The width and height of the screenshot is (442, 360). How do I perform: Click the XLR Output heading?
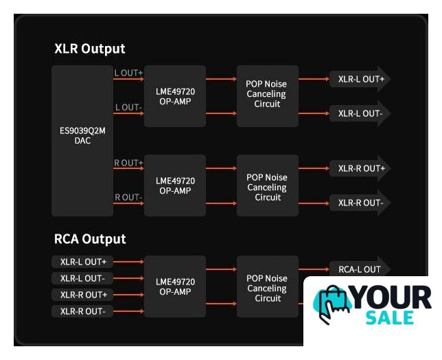point(90,49)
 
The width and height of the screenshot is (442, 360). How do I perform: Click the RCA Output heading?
point(90,239)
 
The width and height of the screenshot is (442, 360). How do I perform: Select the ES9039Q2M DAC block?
point(82,135)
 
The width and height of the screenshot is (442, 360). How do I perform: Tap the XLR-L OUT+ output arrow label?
point(360,79)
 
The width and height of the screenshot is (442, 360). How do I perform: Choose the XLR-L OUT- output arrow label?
point(360,113)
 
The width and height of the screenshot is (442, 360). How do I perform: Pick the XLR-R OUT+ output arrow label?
point(360,168)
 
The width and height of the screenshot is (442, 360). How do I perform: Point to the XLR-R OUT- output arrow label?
point(360,203)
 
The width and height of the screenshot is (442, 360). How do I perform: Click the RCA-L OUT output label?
point(359,269)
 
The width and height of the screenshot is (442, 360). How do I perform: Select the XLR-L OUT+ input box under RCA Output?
point(83,262)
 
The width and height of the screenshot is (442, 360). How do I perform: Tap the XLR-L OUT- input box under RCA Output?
point(82,278)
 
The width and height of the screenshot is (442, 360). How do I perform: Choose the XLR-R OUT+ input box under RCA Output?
point(83,295)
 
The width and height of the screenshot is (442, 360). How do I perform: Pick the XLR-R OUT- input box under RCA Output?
point(82,311)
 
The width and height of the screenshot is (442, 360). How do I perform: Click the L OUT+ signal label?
point(129,71)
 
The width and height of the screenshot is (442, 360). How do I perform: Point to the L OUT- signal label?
point(128,107)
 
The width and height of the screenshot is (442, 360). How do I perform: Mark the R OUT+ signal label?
point(129,163)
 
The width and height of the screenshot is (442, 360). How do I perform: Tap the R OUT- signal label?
point(128,197)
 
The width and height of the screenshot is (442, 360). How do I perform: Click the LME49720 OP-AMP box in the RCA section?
point(175,286)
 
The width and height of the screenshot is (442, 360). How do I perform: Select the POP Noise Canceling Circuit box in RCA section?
point(268,288)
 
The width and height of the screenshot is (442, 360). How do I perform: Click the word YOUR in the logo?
point(392,298)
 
